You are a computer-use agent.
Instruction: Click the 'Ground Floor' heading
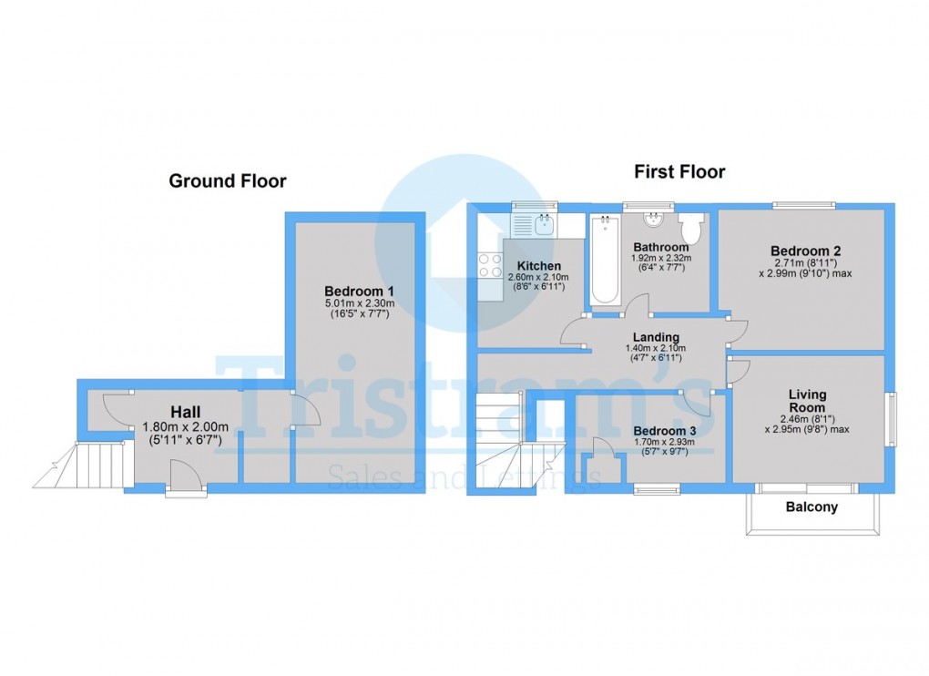pyautogui.click(x=228, y=181)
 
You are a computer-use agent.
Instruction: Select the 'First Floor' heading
pyautogui.click(x=679, y=171)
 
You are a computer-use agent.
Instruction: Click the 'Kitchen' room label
pyautogui.click(x=539, y=265)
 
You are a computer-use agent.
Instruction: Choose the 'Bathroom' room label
pyautogui.click(x=661, y=247)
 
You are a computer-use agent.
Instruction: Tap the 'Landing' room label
pyautogui.click(x=658, y=337)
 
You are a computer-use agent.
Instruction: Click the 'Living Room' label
pyautogui.click(x=807, y=401)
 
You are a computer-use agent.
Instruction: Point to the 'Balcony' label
pyautogui.click(x=812, y=507)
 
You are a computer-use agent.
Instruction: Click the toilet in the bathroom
pyautogui.click(x=691, y=228)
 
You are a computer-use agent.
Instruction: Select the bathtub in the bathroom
pyautogui.click(x=604, y=261)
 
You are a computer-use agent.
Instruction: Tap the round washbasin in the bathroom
pyautogui.click(x=652, y=220)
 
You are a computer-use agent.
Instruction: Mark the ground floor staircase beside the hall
pyautogui.click(x=91, y=465)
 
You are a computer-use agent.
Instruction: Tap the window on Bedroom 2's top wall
pyautogui.click(x=803, y=206)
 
